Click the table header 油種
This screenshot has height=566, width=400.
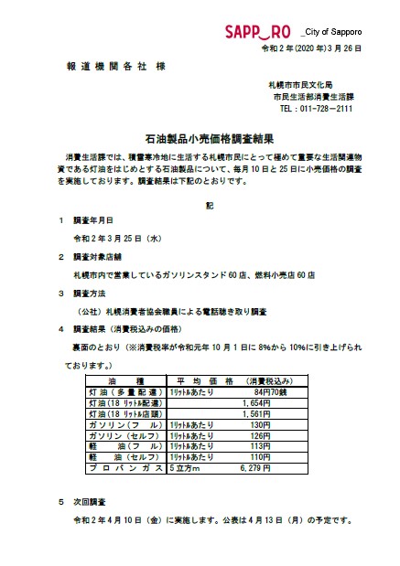click(124, 381)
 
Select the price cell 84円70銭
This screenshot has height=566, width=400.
click(258, 391)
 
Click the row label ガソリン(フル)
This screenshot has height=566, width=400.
click(123, 424)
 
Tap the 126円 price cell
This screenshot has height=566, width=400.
click(260, 435)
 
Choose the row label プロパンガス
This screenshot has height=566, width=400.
click(124, 467)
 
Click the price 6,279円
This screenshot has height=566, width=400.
click(255, 467)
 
